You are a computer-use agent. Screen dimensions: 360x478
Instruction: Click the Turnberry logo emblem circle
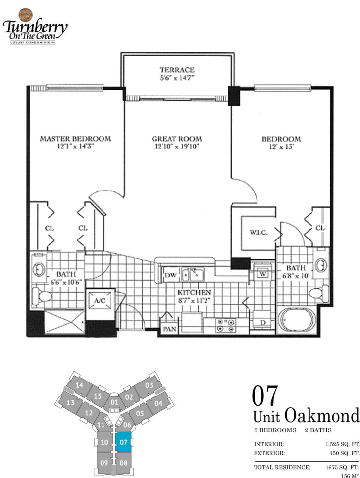pos(26,15)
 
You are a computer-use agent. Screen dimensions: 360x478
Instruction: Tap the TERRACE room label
pos(177,70)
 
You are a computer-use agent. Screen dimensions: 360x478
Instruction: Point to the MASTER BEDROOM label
pos(75,139)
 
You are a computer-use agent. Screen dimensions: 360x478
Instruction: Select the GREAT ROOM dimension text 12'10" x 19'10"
pos(177,146)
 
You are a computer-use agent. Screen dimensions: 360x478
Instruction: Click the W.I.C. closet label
pos(258,232)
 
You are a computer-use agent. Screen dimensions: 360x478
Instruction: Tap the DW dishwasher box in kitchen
pos(171,275)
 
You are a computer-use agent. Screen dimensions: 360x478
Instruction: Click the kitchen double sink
pos(193,274)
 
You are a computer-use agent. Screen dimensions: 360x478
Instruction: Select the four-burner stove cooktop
pos(226,325)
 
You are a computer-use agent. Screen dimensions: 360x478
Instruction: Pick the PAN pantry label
pos(170,329)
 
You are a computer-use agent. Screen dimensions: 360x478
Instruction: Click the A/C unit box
pos(100,301)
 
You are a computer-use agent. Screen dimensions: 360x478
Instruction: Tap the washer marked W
pos(262,274)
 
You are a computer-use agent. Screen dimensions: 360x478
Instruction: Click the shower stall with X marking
pos(64,322)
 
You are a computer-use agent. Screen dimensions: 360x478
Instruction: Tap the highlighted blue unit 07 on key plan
pos(124,442)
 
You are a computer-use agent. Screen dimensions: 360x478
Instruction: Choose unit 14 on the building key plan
pos(79,385)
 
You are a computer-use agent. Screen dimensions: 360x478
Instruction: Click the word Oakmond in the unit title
pos(322,416)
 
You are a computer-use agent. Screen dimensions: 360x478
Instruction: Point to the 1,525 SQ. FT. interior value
pos(343,444)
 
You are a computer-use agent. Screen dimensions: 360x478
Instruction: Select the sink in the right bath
pos(321,265)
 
